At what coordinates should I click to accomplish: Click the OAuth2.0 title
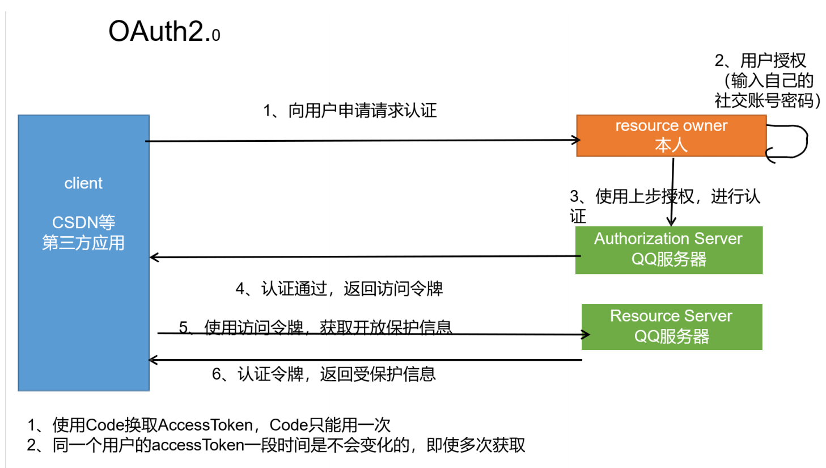coord(164,32)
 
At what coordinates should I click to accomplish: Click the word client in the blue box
coord(83,183)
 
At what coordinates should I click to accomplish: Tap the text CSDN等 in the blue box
coord(83,222)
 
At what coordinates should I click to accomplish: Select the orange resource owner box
coord(671,136)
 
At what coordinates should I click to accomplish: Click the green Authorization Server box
coord(668,250)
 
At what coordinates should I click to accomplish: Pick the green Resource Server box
coord(671,327)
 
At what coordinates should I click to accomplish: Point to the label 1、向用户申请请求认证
coord(350,111)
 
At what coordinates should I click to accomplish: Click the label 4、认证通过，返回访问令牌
coord(339,289)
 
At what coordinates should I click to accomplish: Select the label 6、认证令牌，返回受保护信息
coord(324,374)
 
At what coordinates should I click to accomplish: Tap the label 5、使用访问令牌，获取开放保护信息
coord(315,327)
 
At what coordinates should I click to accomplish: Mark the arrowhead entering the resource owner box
coord(575,140)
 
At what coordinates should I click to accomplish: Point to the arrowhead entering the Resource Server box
coord(586,334)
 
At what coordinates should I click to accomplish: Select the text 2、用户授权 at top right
coord(760,60)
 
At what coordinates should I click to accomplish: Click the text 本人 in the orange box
coord(671,145)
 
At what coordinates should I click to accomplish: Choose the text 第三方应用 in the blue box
coord(83,243)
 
